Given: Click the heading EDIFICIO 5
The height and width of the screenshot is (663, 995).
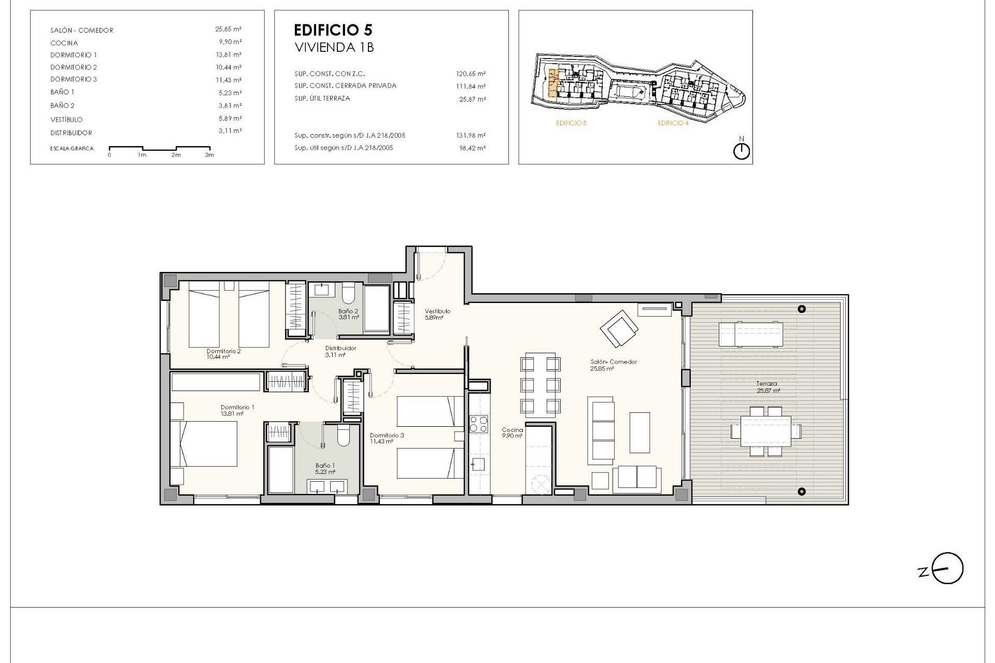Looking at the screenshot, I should (x=333, y=30).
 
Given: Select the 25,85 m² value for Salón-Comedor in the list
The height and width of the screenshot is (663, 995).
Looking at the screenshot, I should (x=228, y=30).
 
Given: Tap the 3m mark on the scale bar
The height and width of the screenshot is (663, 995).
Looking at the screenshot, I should (x=209, y=155).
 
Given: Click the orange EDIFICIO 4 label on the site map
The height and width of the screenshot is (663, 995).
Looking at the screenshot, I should (x=673, y=123).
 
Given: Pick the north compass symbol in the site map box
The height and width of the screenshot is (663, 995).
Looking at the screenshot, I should (x=742, y=151).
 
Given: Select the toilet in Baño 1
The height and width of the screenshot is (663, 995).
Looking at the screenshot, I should (x=344, y=437).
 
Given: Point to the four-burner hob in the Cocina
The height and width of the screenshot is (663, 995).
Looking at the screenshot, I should (x=478, y=424).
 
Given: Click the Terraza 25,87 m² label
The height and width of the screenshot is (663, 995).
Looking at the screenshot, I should (x=767, y=387).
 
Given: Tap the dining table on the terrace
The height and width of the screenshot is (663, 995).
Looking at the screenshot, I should (x=766, y=431).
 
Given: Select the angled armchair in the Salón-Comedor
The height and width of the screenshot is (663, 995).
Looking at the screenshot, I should (x=619, y=328).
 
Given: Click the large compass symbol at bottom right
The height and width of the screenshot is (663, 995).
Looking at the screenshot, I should (x=947, y=568).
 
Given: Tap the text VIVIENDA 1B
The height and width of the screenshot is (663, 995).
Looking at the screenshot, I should (x=334, y=48).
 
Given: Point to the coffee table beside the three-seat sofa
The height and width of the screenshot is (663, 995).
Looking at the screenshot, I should (x=639, y=432).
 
